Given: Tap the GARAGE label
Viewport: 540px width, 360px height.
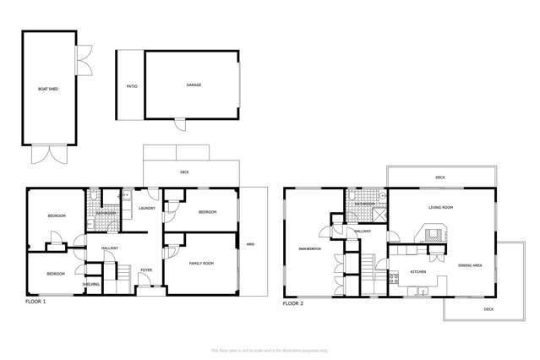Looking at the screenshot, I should pyautogui.click(x=193, y=85).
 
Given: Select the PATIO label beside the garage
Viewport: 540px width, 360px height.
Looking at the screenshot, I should pyautogui.click(x=131, y=86).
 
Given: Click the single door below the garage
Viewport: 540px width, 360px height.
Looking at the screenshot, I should pyautogui.click(x=179, y=126).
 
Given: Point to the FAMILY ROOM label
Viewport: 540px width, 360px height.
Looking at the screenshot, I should pyautogui.click(x=201, y=264).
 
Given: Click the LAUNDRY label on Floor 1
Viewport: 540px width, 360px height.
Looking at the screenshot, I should pyautogui.click(x=145, y=208).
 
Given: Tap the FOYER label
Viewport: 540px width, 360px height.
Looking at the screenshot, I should pyautogui.click(x=146, y=270).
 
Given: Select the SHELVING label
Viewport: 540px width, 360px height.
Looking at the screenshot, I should pyautogui.click(x=91, y=285).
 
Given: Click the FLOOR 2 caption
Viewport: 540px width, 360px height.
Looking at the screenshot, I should pyautogui.click(x=292, y=303).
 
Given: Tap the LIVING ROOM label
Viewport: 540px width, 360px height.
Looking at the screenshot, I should pyautogui.click(x=440, y=207).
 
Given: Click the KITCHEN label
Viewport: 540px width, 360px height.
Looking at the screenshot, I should pyautogui.click(x=418, y=272).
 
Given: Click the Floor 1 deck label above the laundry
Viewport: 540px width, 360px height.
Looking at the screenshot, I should pyautogui.click(x=184, y=172).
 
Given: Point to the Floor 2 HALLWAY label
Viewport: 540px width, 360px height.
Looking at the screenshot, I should pyautogui.click(x=363, y=231).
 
